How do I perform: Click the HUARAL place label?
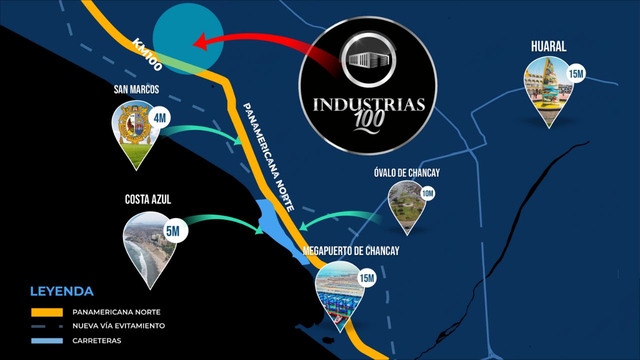click(x=548, y=46)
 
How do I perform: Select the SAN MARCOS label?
click(x=136, y=89)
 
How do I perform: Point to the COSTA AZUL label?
click(x=147, y=199)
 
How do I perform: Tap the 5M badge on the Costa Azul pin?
click(x=172, y=231)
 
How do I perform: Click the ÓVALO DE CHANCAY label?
click(x=406, y=173)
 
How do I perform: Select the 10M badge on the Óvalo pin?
click(x=428, y=193)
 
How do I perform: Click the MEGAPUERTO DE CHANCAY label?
click(x=351, y=251)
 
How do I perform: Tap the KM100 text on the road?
click(x=147, y=54)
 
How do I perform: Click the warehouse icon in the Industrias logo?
click(x=368, y=59)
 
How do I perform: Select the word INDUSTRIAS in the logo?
click(x=368, y=104)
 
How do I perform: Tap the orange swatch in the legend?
click(x=46, y=312)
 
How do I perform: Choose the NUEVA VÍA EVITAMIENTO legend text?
click(x=118, y=326)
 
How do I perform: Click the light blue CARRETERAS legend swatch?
click(x=46, y=341)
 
